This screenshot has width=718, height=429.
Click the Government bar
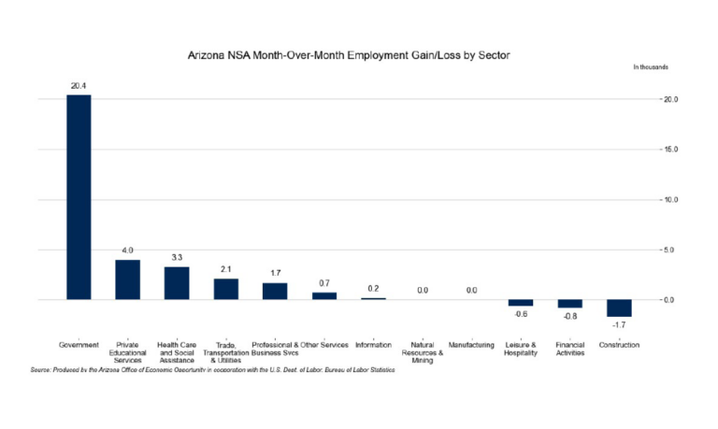click(79, 196)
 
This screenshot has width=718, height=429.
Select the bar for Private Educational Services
click(127, 279)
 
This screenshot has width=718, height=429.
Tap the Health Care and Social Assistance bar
click(177, 283)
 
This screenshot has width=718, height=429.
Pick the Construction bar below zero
click(619, 308)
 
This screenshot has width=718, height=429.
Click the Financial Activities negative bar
click(570, 304)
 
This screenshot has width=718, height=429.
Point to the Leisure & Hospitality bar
click(521, 303)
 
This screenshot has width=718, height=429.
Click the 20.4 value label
click(79, 85)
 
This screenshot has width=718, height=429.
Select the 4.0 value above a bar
click(127, 250)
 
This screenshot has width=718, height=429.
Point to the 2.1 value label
click(225, 269)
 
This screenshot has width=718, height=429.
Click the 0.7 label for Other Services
click(323, 283)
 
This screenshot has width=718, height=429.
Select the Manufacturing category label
click(471, 346)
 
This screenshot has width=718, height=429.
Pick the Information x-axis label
click(373, 346)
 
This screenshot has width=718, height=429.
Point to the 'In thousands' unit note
click(650, 68)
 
